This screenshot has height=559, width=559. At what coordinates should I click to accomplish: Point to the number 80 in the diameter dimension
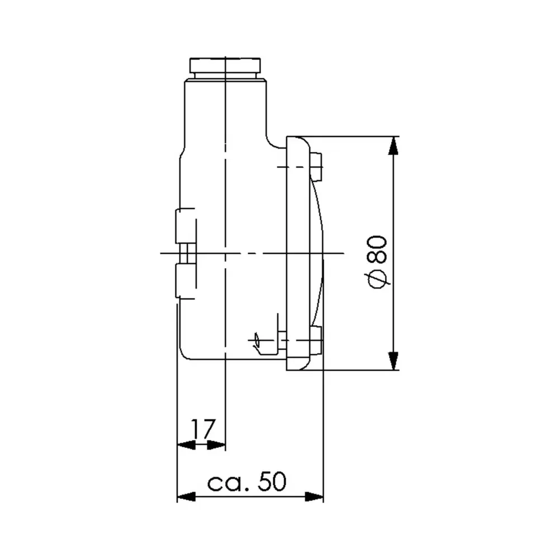[378, 249]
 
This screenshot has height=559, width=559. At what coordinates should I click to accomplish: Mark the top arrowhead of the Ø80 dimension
[394, 146]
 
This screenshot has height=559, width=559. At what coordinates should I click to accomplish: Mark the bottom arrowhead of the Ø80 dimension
[394, 360]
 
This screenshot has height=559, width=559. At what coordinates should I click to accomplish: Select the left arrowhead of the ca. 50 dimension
[186, 496]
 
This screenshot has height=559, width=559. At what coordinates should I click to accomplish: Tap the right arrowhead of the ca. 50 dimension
[315, 496]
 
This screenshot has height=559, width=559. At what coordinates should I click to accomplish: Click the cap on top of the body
[225, 67]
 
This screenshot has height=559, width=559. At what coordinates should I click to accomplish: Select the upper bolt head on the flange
[317, 167]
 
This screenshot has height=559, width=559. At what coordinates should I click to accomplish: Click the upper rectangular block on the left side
[186, 226]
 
